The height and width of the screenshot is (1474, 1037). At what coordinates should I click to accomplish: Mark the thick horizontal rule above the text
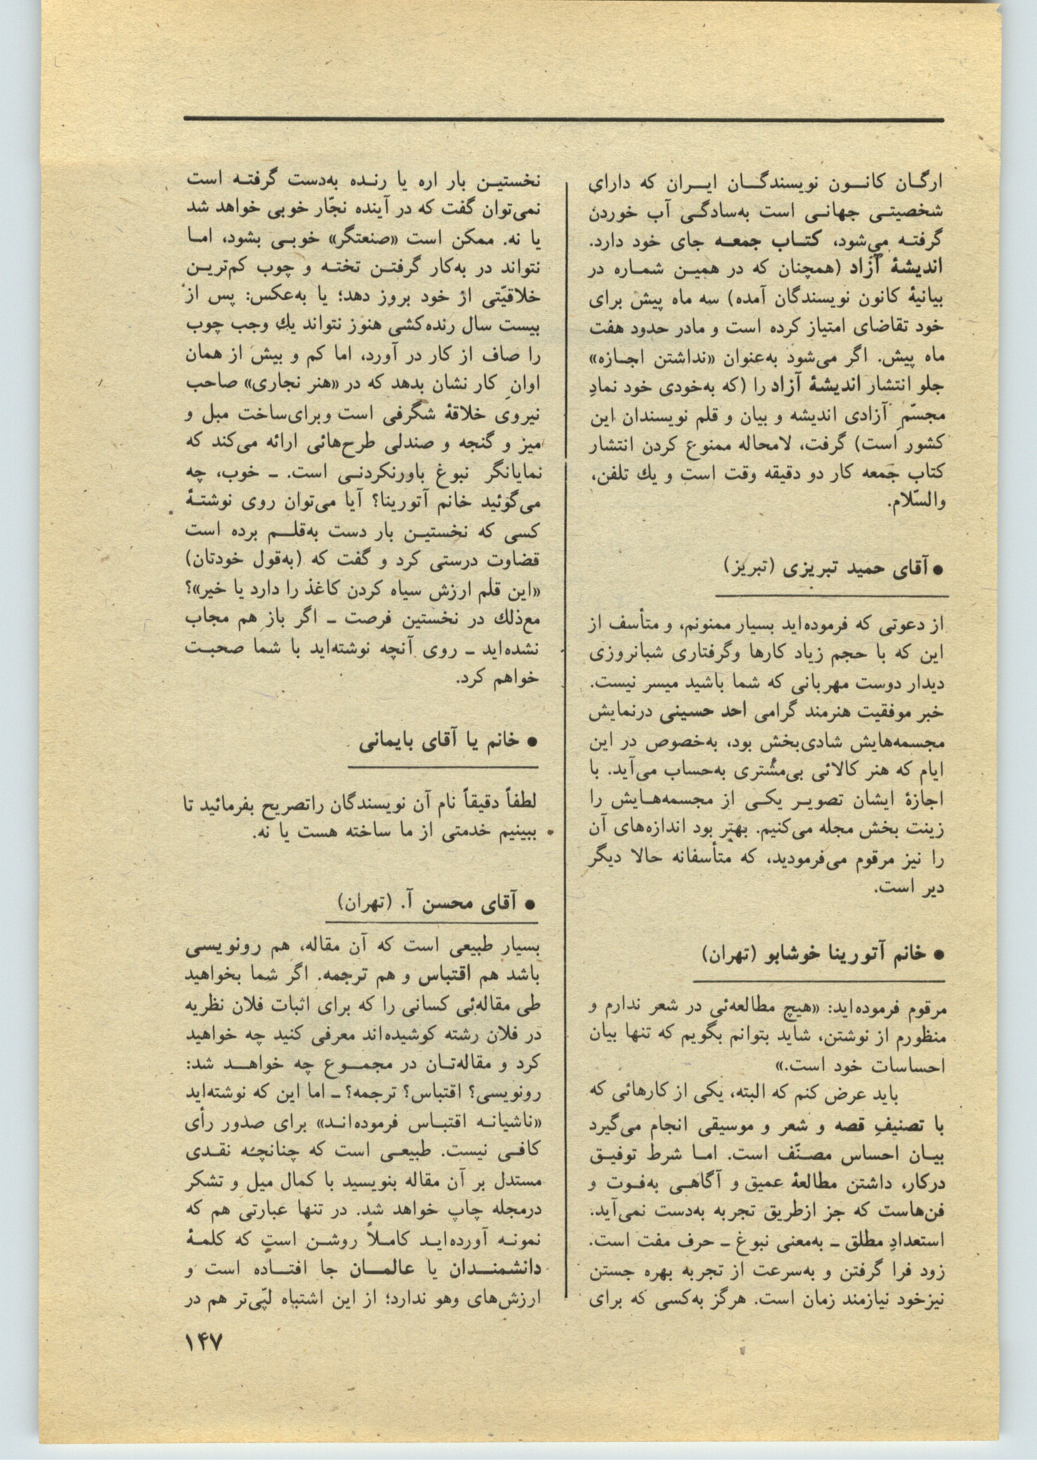[x=563, y=119]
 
